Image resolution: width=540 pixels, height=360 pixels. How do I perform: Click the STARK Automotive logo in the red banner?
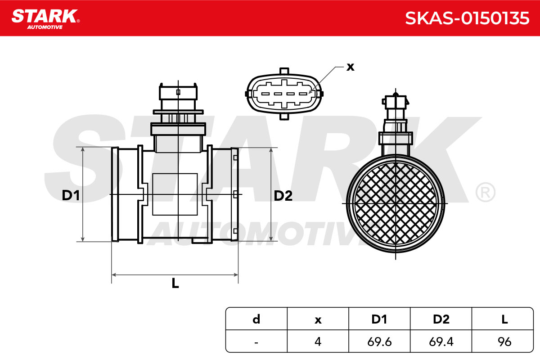click(45, 19)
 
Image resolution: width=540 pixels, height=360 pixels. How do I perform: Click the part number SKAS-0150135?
click(467, 18)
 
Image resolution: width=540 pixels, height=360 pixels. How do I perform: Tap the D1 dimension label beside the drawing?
click(71, 195)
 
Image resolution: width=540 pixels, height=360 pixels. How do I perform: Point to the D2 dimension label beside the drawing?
click(283, 195)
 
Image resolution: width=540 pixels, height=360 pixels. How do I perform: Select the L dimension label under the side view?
click(175, 283)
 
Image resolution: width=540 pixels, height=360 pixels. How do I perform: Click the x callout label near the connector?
click(350, 67)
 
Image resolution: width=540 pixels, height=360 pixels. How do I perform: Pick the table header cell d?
click(256, 319)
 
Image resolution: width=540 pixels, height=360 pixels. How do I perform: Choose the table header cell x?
click(318, 320)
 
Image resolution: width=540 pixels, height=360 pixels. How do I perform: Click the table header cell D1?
click(379, 319)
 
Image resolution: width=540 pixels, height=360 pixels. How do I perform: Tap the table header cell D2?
click(441, 319)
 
